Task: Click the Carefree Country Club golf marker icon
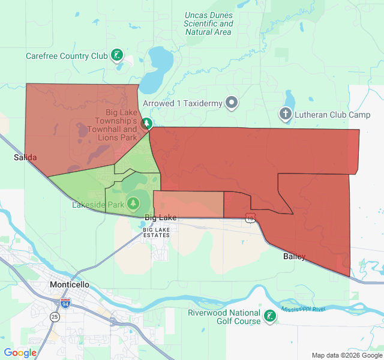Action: tap(118, 56)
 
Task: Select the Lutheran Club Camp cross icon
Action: tap(286, 113)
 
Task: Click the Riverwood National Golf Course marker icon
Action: tap(270, 316)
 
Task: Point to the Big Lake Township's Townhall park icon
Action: tap(146, 124)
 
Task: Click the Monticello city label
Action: tap(69, 284)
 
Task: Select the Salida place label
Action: tap(25, 157)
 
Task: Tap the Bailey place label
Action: tap(294, 257)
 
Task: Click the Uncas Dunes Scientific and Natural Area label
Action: tap(209, 23)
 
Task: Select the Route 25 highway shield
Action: tap(55, 316)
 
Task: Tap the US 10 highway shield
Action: tap(250, 219)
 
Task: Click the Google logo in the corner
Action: tap(20, 353)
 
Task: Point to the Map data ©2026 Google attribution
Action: tap(347, 355)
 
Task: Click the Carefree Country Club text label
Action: tap(66, 56)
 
